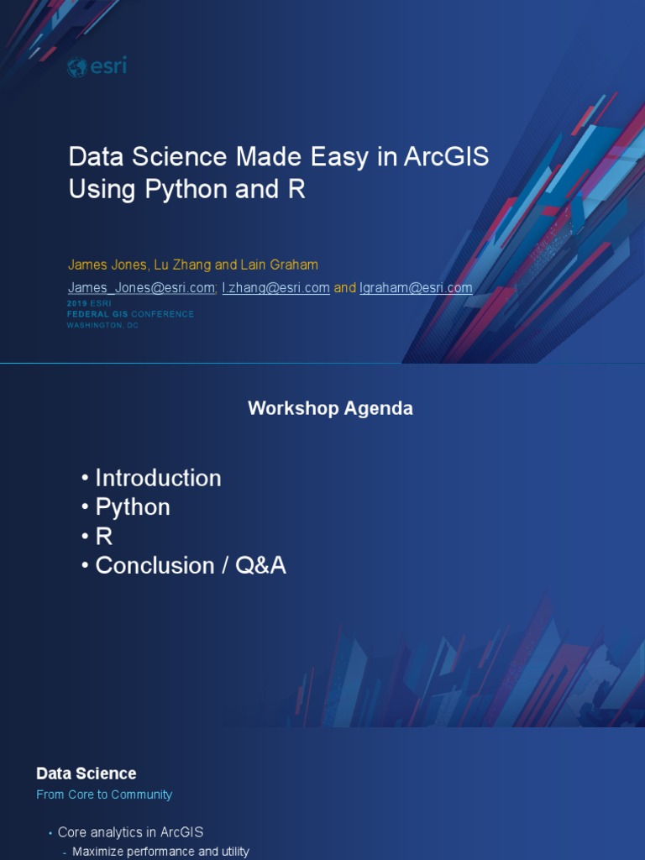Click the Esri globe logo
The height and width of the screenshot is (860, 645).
click(x=77, y=67)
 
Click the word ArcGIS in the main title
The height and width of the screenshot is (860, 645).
click(x=445, y=157)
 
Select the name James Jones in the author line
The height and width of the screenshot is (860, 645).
click(x=107, y=265)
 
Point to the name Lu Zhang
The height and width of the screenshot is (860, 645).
click(x=182, y=265)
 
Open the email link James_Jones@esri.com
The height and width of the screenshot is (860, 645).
click(x=141, y=288)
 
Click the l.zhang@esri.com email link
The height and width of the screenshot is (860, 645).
click(x=275, y=288)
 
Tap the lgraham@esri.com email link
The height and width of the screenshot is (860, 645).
click(x=416, y=288)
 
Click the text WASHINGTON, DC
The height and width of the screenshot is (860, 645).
click(x=102, y=325)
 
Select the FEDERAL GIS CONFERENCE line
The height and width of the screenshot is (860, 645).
click(x=130, y=314)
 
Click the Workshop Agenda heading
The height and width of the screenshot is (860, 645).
click(x=330, y=409)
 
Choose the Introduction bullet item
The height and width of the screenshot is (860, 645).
click(x=158, y=478)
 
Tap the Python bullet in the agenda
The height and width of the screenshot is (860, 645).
click(x=133, y=507)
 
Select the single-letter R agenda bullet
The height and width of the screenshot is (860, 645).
click(x=104, y=537)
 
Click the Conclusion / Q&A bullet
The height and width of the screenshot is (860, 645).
click(x=191, y=566)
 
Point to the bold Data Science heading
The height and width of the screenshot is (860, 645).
click(x=86, y=773)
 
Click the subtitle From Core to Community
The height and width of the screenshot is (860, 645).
click(x=104, y=794)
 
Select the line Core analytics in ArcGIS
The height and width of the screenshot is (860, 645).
click(x=130, y=832)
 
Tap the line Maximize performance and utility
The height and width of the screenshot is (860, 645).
click(x=160, y=852)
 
